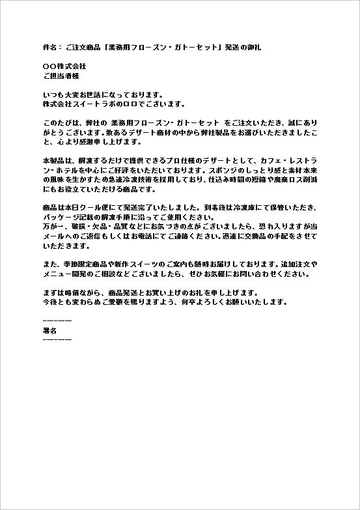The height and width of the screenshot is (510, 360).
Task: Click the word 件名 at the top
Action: coord(49,48)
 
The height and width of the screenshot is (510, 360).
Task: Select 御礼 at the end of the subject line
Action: coord(254,48)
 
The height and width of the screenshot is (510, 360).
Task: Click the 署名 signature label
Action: coord(49,330)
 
